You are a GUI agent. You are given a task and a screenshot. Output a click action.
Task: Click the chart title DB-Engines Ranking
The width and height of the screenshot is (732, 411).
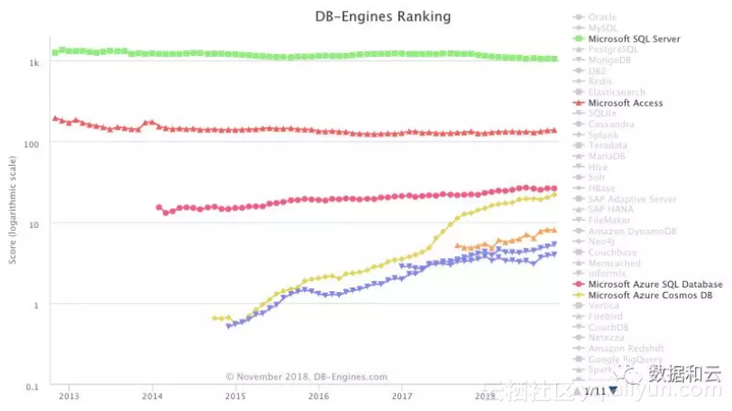point(384,16)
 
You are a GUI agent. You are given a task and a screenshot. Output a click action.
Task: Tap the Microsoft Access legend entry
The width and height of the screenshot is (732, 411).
point(625,103)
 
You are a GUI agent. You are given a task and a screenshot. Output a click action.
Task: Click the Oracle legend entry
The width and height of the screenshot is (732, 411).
point(602,17)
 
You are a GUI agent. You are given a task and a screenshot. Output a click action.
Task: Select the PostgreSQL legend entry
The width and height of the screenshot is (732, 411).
point(612,50)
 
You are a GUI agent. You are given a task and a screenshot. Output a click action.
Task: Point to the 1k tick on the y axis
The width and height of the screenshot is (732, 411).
point(33,63)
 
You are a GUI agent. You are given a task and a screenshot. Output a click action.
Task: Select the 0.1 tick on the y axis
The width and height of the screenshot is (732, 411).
point(32,387)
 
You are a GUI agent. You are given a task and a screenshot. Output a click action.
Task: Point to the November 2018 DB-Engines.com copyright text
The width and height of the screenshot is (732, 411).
point(307,377)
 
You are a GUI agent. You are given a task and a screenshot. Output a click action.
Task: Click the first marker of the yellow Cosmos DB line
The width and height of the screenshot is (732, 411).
point(214,318)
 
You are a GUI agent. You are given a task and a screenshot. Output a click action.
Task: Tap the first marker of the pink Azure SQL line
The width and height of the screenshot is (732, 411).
point(159,207)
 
